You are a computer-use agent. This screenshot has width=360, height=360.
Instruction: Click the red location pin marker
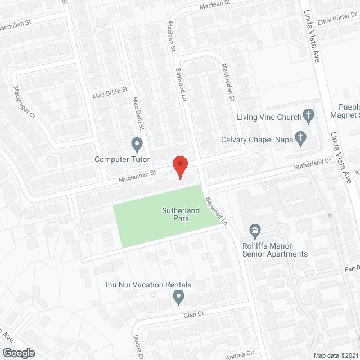(x=179, y=166)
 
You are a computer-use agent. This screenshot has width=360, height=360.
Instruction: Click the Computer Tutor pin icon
(x=136, y=143)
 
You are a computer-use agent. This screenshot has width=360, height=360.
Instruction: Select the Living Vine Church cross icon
(x=308, y=116)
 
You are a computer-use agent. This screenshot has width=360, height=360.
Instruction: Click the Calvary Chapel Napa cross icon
(x=301, y=137)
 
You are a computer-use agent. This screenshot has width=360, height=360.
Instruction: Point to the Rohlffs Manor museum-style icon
(x=255, y=230)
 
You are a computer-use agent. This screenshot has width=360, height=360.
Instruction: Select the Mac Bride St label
(x=111, y=92)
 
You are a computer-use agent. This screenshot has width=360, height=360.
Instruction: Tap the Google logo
(x=18, y=353)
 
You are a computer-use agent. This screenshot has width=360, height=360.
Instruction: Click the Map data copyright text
(x=336, y=355)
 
